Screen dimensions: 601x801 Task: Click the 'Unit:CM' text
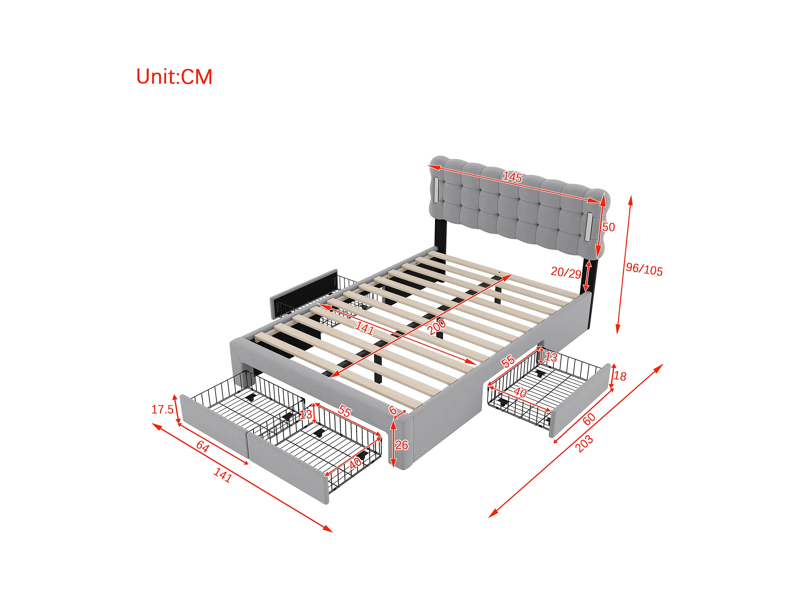[174, 77]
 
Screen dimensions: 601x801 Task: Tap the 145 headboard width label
[512, 177]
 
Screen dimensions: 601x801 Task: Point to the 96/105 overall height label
[645, 270]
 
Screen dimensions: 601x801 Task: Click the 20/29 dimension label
[566, 272]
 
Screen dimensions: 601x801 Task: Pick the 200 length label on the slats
[437, 327]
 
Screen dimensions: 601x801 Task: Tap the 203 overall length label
[584, 444]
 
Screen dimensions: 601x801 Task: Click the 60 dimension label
[589, 419]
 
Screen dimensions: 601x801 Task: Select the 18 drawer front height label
[620, 376]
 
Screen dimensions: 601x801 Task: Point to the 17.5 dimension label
[162, 410]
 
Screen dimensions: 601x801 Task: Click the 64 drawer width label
[202, 447]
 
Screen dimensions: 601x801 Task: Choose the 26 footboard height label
[401, 445]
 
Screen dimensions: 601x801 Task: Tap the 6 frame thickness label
[392, 410]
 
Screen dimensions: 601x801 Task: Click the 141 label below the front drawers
[222, 475]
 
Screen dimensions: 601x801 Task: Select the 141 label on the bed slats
[364, 328]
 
